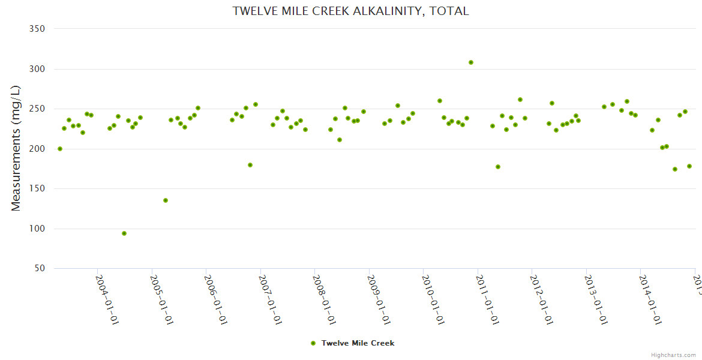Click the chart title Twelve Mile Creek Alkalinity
pos(351,11)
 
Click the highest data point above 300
pos(471,62)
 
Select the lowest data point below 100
pos(124,233)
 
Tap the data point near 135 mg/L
pos(166,200)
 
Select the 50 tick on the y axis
pos(40,269)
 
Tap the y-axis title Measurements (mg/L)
pos(16,148)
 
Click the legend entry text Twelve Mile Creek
pos(358,343)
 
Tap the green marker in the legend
pos(313,343)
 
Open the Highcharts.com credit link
pos(673,355)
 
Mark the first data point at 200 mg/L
pos(60,149)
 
